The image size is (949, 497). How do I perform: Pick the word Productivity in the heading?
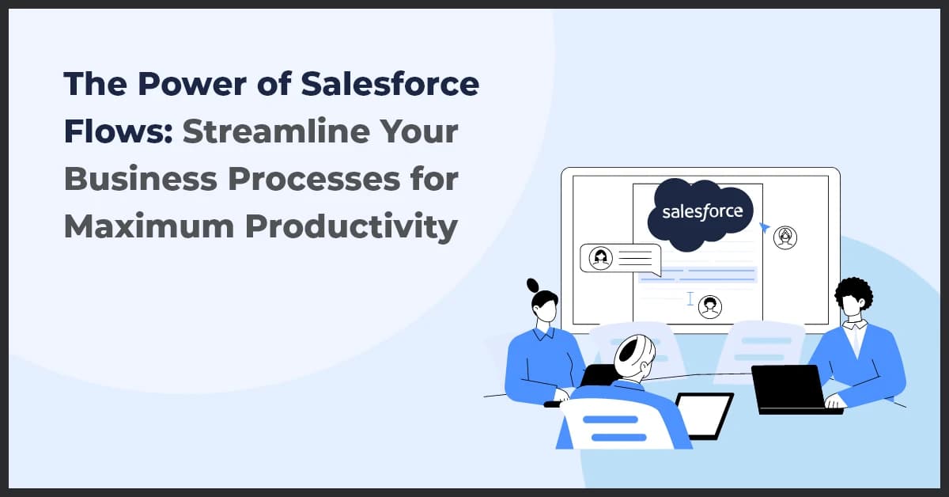point(351,226)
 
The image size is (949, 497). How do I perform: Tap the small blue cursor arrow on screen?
point(764,228)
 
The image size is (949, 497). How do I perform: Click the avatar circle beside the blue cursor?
point(785,237)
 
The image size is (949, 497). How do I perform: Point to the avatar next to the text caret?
point(710,306)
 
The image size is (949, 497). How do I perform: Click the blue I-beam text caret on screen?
point(690,299)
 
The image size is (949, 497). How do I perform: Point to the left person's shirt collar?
point(544,334)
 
